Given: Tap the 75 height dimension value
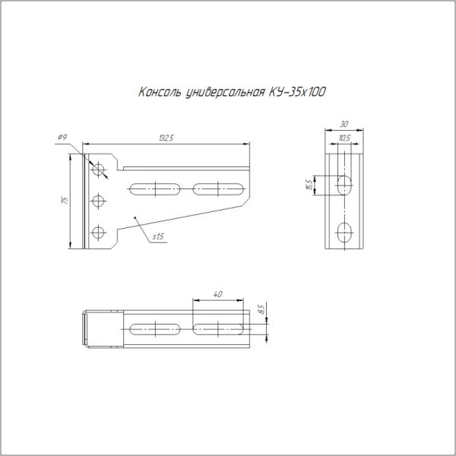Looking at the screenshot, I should [66, 201].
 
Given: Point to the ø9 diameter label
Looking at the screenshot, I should [62, 138].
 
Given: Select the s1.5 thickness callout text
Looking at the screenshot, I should [158, 237].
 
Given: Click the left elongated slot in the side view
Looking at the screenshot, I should [155, 186].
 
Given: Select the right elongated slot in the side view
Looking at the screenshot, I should [218, 186].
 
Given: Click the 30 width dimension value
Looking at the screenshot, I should [344, 124].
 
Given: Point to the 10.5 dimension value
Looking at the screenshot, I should [344, 138].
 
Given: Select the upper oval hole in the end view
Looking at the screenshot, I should [344, 184].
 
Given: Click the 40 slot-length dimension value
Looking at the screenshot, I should [218, 293].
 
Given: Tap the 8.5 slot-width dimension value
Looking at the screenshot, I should [261, 309].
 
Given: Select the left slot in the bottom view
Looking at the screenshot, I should [155, 328].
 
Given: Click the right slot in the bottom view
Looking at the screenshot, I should [218, 328].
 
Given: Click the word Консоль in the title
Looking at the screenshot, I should [160, 93].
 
